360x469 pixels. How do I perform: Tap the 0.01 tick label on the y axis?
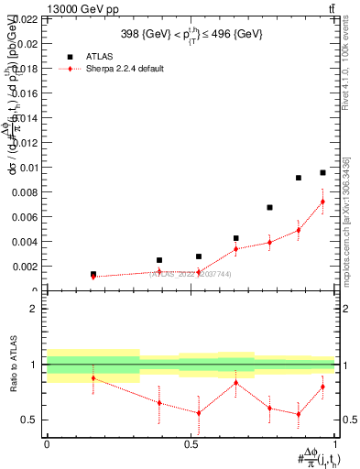pyautogui.click(x=25, y=167)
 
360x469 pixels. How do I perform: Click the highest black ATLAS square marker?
pyautogui.click(x=322, y=172)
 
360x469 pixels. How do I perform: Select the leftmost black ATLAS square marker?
pyautogui.click(x=93, y=274)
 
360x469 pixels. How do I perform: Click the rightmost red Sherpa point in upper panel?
pyautogui.click(x=322, y=202)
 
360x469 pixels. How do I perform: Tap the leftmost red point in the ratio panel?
pyautogui.click(x=93, y=377)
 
